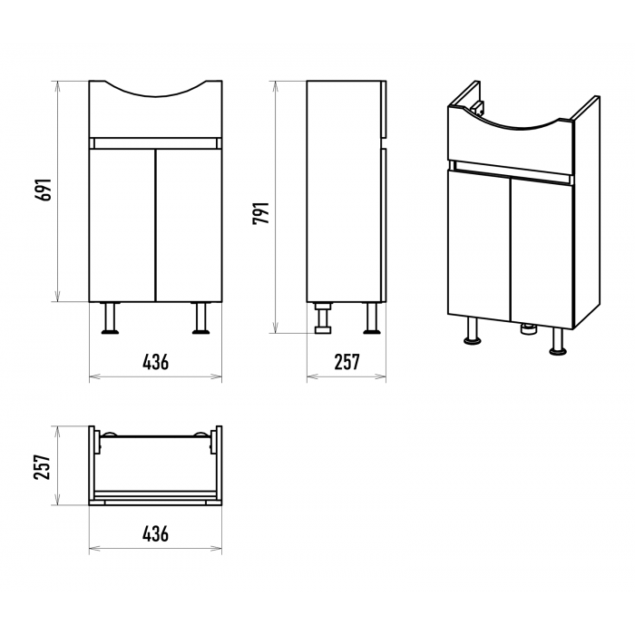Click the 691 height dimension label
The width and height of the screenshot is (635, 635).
(x=44, y=189)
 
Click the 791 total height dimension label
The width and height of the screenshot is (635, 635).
(x=260, y=213)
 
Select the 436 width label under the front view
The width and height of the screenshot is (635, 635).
(x=155, y=362)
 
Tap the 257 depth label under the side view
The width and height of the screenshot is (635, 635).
(x=347, y=362)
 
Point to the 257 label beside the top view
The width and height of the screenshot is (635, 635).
(x=42, y=467)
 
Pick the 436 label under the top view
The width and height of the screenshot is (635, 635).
(x=155, y=533)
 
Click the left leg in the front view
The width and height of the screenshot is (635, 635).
(x=110, y=318)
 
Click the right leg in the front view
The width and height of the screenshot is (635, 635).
(x=200, y=318)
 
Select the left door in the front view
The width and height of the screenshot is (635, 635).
(x=122, y=225)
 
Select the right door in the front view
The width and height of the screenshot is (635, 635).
(x=189, y=225)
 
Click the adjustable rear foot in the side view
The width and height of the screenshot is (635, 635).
(x=323, y=318)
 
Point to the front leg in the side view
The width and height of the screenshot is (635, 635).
(x=372, y=318)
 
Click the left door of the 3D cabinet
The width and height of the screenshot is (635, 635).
(x=479, y=245)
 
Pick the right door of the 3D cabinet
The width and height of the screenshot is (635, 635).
(x=542, y=253)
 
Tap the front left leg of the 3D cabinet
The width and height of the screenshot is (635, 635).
(x=472, y=330)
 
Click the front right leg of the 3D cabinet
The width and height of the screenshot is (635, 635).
(x=558, y=341)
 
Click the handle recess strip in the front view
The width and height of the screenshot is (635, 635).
(x=155, y=143)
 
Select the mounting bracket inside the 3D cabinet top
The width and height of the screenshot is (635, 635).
(x=479, y=108)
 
